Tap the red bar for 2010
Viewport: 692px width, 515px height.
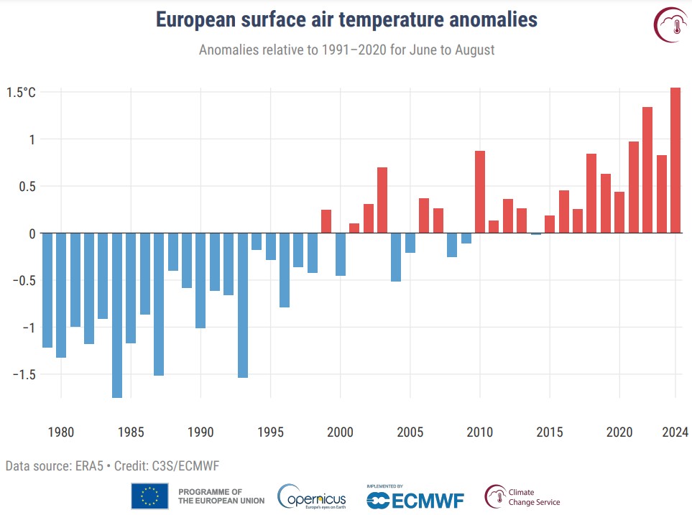(480, 192)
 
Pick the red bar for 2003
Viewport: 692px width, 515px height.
(382, 200)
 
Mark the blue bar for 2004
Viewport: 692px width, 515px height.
(396, 257)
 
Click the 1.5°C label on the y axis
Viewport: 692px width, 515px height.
(21, 93)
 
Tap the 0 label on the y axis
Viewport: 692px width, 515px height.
(31, 233)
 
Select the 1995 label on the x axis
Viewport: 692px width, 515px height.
(270, 432)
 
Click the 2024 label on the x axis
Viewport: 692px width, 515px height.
(675, 432)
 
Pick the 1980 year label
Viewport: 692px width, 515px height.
(61, 432)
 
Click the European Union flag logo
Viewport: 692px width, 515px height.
(149, 496)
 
